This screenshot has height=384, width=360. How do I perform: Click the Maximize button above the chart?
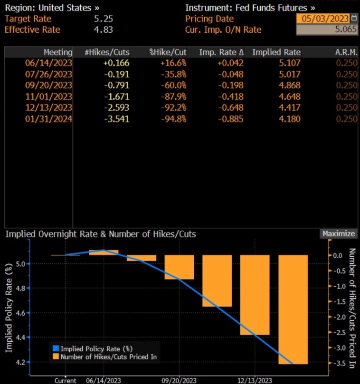coord(338,234)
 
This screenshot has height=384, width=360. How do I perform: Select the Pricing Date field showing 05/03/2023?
coord(323,19)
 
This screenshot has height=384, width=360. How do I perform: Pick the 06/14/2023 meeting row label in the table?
coord(49,63)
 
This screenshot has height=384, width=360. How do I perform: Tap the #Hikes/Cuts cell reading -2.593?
coord(116,107)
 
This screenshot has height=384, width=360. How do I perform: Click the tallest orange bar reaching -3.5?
coord(293,309)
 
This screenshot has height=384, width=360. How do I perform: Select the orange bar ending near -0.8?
coord(179,267)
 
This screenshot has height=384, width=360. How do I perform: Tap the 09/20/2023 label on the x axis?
coord(179,381)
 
